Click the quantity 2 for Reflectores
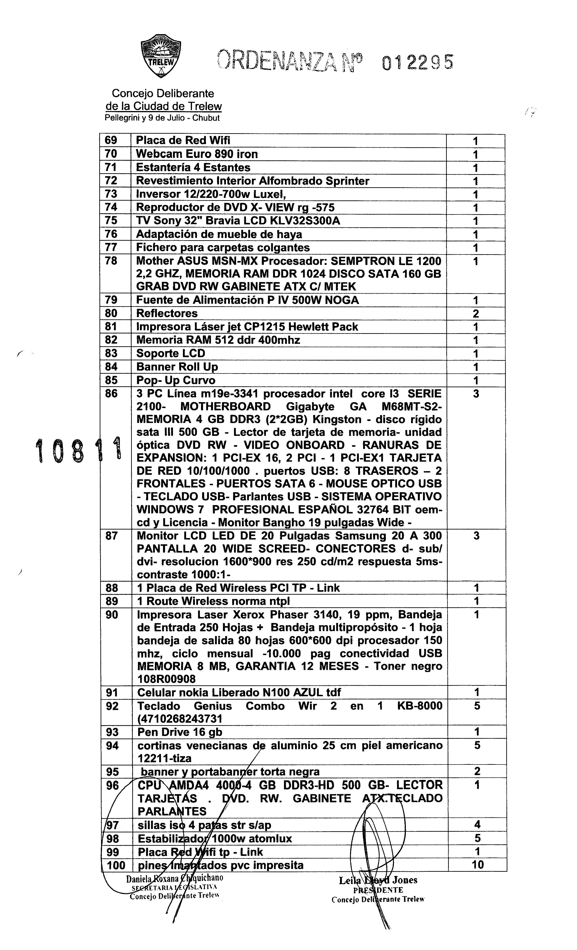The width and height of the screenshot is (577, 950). pos(476,313)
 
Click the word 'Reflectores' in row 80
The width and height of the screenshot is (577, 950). pos(167,313)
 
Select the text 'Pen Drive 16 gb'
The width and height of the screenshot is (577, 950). pos(180,732)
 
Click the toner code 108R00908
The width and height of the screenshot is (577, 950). pos(166,679)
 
